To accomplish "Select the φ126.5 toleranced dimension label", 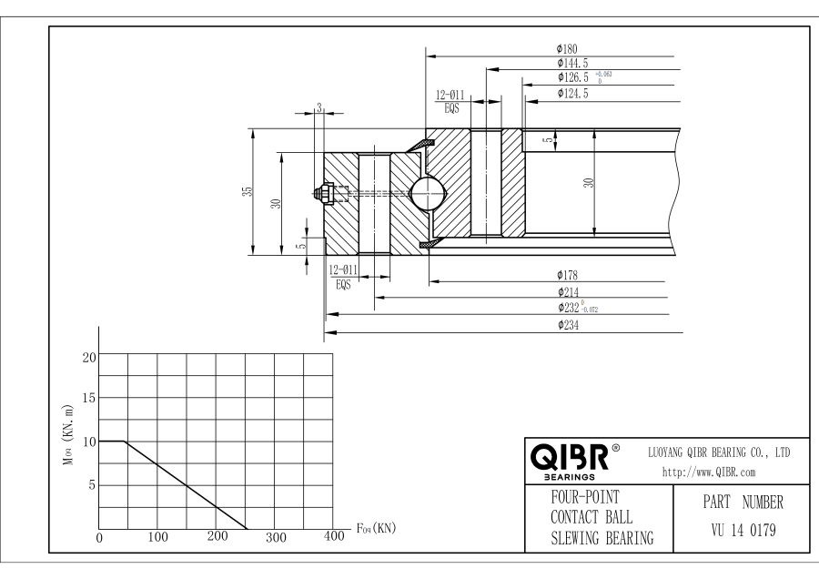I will pos(582,77).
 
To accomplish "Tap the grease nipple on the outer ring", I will pos(322,193).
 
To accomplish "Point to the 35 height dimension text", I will pos(247,192).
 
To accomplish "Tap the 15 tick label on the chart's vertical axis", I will pos(89,398).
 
